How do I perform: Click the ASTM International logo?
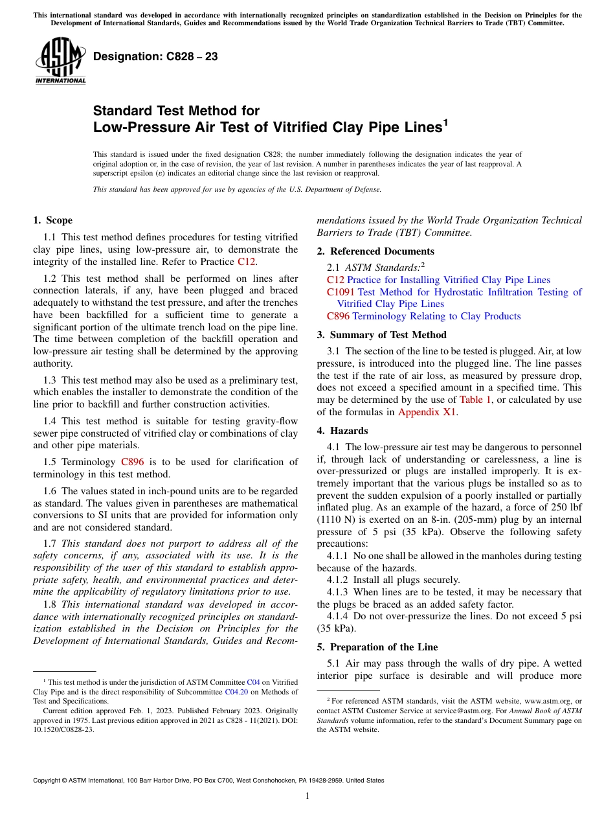[x=60, y=61]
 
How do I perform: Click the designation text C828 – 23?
[x=155, y=57]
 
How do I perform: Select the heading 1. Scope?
[x=53, y=220]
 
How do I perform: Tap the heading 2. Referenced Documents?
[x=375, y=251]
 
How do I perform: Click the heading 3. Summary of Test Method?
[x=381, y=335]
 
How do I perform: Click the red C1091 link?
[x=341, y=292]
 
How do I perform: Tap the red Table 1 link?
[x=475, y=400]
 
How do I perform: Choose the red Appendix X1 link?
[x=427, y=412]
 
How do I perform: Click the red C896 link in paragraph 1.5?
[x=132, y=462]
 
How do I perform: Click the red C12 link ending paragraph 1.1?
[x=246, y=262]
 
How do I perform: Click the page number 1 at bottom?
[x=307, y=795]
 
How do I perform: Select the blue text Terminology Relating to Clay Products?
[x=436, y=316]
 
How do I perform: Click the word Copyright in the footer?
[x=50, y=781]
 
